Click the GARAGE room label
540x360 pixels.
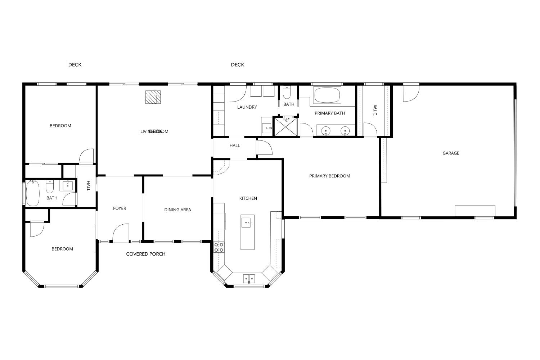451,153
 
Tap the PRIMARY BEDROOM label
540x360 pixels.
329,176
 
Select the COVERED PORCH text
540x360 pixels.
145,254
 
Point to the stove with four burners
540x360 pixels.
219,247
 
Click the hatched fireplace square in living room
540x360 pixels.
153,97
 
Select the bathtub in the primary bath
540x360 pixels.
327,95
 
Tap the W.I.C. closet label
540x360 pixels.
374,111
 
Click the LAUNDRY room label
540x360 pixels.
247,107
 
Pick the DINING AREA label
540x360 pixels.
177,210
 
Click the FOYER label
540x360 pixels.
120,208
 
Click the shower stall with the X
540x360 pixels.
286,126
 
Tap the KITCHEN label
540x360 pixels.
248,198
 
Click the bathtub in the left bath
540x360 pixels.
32,193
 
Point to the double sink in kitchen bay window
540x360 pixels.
249,278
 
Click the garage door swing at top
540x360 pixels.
410,93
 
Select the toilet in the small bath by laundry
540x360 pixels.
287,93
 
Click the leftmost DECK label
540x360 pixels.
75,65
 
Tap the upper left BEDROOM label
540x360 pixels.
60,126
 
